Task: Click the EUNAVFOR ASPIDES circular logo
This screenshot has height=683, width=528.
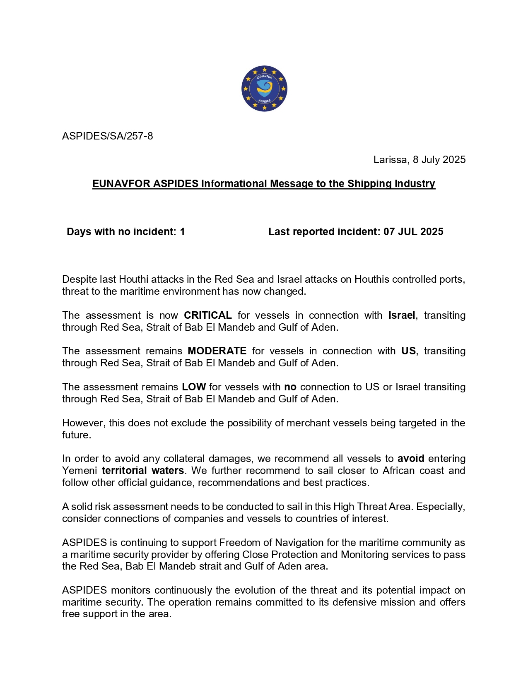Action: [x=264, y=89]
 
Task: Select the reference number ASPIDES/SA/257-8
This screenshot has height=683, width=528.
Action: [x=107, y=136]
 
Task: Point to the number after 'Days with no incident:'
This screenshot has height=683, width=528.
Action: [x=182, y=232]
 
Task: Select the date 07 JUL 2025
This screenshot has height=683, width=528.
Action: [x=413, y=232]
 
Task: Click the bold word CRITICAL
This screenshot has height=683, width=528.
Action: [x=207, y=315]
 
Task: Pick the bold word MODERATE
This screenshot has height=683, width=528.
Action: [x=217, y=351]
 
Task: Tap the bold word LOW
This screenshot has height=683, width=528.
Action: [x=193, y=387]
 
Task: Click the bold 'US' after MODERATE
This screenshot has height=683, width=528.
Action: [x=408, y=351]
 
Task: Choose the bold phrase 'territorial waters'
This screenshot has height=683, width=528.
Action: [x=143, y=471]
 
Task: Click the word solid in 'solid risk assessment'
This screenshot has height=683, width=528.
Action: [x=81, y=507]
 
